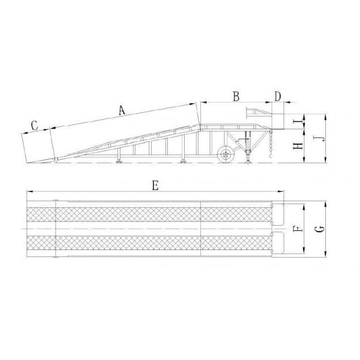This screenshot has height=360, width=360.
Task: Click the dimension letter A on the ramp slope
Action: (121, 111)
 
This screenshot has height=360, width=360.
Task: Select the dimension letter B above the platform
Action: (236, 97)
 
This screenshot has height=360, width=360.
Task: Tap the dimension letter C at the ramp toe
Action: (34, 125)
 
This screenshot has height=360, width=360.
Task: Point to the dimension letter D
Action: (278, 96)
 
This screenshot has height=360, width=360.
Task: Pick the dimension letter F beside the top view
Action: (297, 229)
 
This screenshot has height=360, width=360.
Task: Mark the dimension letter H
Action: (297, 145)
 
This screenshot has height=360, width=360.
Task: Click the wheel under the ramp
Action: (226, 154)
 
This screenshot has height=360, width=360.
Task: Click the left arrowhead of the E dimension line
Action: (28, 192)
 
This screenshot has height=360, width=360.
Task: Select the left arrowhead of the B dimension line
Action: (201, 103)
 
